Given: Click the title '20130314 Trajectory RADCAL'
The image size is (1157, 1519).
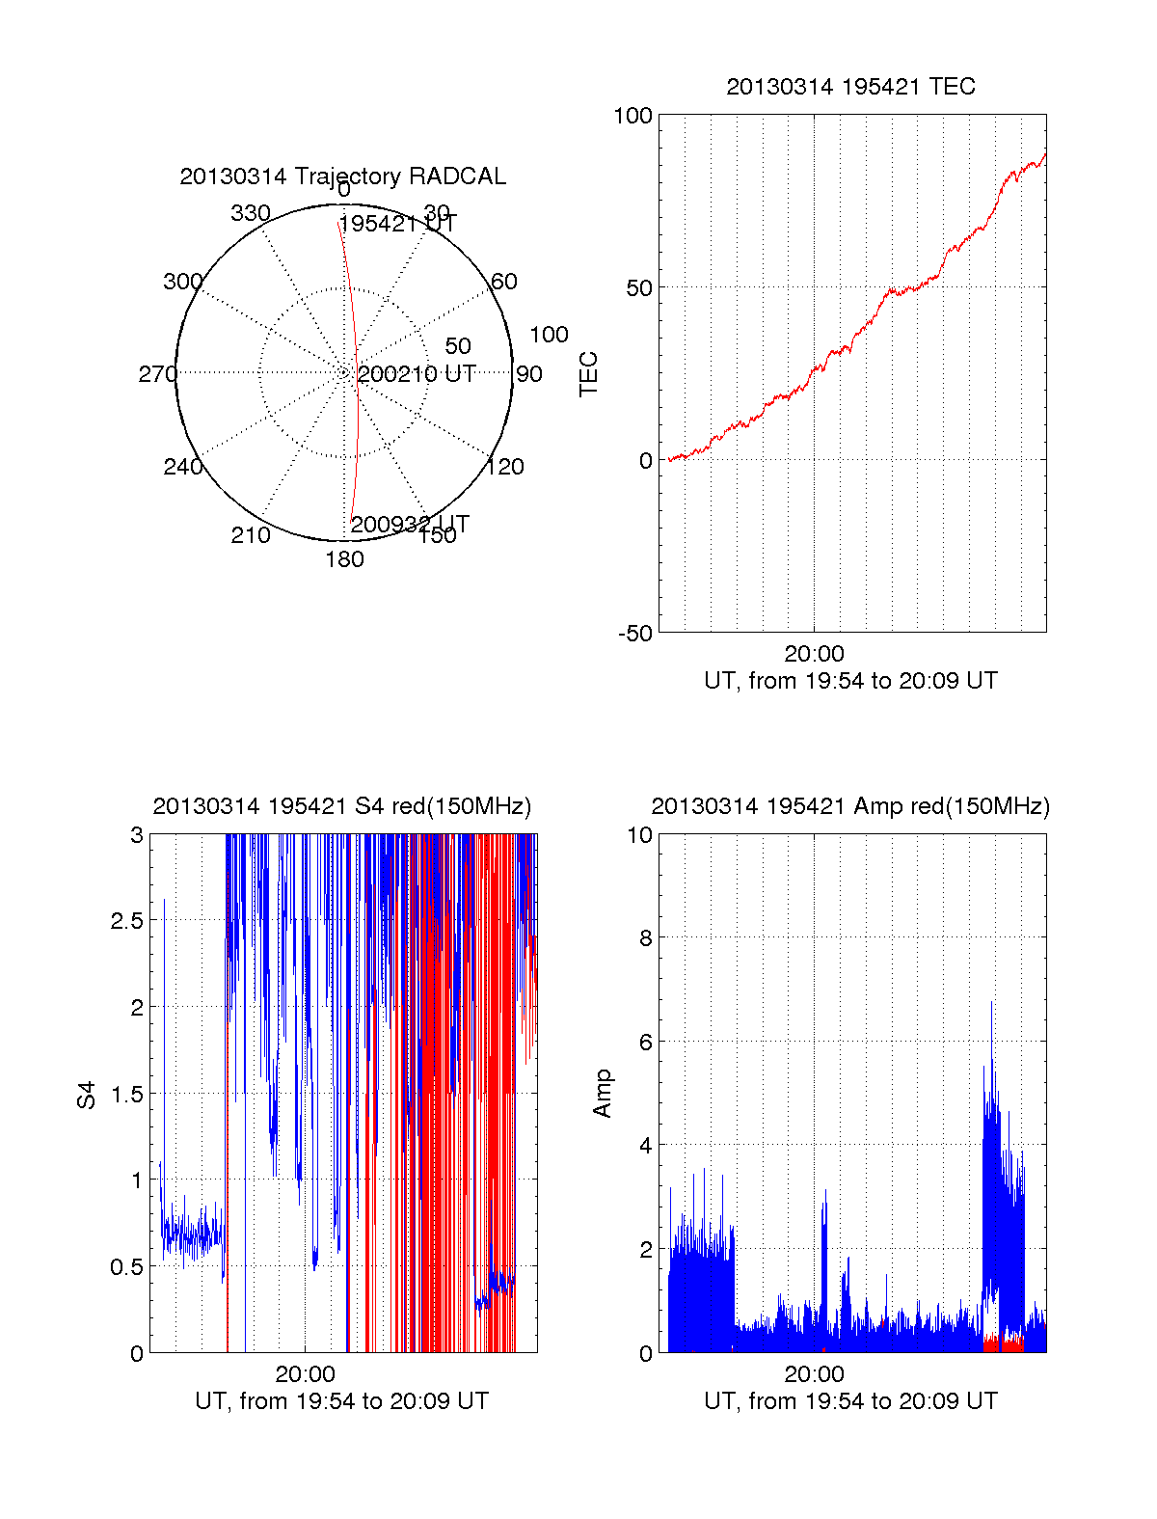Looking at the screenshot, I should coord(342,176).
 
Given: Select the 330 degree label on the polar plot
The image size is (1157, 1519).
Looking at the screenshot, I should coord(250,213).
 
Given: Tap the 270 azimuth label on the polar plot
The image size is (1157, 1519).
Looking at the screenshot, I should coord(157,374).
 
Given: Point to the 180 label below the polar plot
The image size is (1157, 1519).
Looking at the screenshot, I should coord(344,559).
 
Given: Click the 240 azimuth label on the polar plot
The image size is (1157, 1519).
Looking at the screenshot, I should coord(182,467).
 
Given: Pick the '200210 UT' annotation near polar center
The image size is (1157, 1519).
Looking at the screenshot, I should coord(417,374).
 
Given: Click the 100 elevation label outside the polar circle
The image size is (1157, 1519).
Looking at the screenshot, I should coord(549,335).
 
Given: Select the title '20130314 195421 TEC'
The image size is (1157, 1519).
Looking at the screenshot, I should coord(850,87).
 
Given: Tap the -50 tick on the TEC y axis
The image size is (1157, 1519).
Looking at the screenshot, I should coord(634,634).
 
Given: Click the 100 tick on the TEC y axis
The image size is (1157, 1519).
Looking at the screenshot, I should coord(632,116).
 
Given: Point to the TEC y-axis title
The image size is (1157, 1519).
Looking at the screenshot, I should coord(588,374).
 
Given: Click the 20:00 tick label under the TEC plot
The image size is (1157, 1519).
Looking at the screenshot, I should coord(814,654).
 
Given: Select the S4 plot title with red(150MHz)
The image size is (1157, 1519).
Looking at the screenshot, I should coord(342,806).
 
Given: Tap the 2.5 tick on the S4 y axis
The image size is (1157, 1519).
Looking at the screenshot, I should coord(126,921).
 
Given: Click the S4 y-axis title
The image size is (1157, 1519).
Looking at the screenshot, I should coord(87,1096).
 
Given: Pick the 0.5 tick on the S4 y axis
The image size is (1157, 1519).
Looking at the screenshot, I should coord(126,1267).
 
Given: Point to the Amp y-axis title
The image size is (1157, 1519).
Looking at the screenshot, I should coord(603,1094).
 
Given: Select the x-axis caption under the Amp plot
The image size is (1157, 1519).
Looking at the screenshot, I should coord(850,1401).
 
